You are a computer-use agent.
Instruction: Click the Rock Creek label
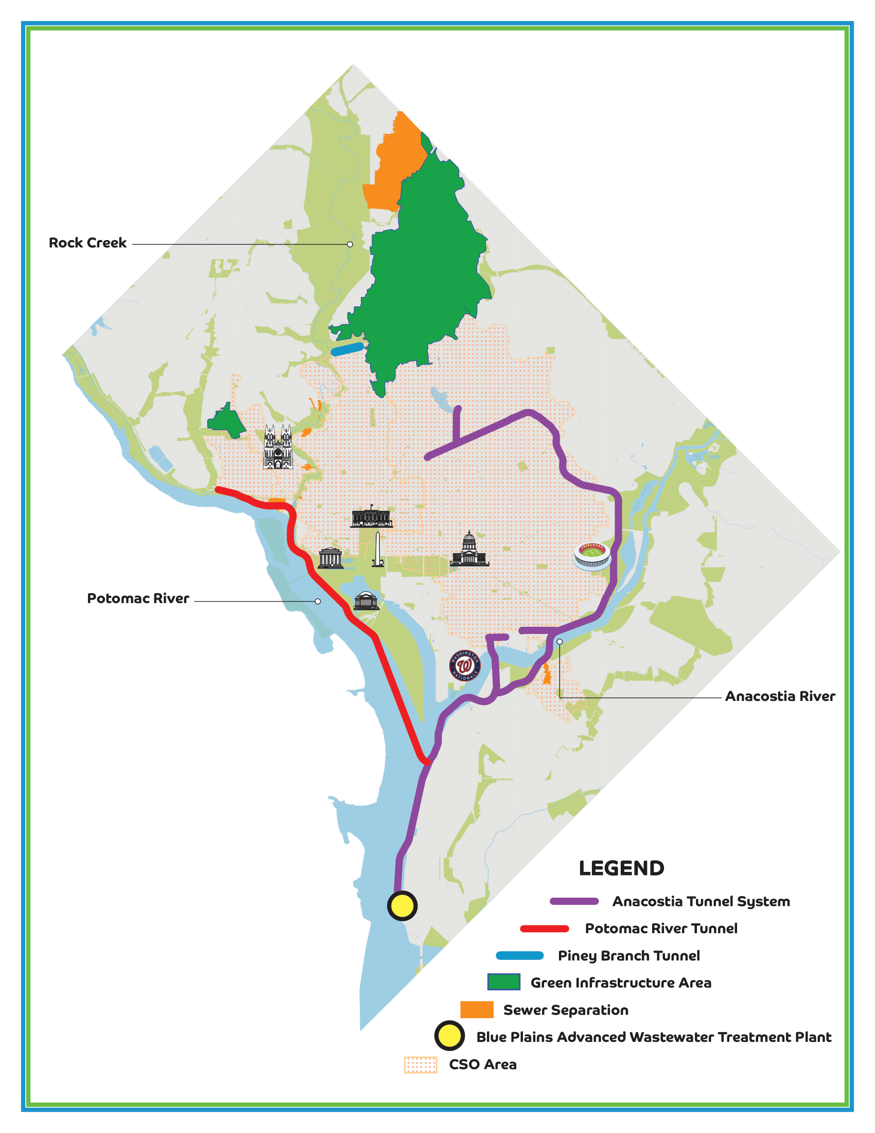[x=87, y=243]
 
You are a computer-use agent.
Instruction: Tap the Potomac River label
[x=138, y=598]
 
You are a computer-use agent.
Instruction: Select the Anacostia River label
[x=780, y=696]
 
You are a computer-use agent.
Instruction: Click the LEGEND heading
[x=621, y=868]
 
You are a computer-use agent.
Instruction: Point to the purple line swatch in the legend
[x=574, y=902]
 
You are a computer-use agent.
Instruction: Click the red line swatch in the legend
[x=544, y=929]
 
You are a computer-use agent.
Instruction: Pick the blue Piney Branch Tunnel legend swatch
[x=519, y=955]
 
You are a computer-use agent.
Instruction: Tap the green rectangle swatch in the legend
[x=503, y=982]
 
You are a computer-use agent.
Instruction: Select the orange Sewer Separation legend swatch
[x=477, y=1009]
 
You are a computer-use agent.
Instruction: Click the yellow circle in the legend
[x=449, y=1036]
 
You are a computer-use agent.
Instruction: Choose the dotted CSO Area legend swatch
[x=421, y=1065]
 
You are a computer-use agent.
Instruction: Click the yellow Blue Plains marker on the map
[x=402, y=906]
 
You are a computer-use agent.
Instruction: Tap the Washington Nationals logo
[x=464, y=665]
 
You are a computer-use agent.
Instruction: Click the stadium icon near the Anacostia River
[x=592, y=556]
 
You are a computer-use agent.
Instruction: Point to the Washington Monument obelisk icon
[x=378, y=549]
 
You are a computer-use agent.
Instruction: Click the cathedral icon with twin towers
[x=278, y=447]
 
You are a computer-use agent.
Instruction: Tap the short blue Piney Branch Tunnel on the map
[x=347, y=349]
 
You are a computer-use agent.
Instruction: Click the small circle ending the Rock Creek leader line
[x=350, y=244]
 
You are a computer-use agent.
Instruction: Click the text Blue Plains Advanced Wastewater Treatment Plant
[x=654, y=1037]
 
